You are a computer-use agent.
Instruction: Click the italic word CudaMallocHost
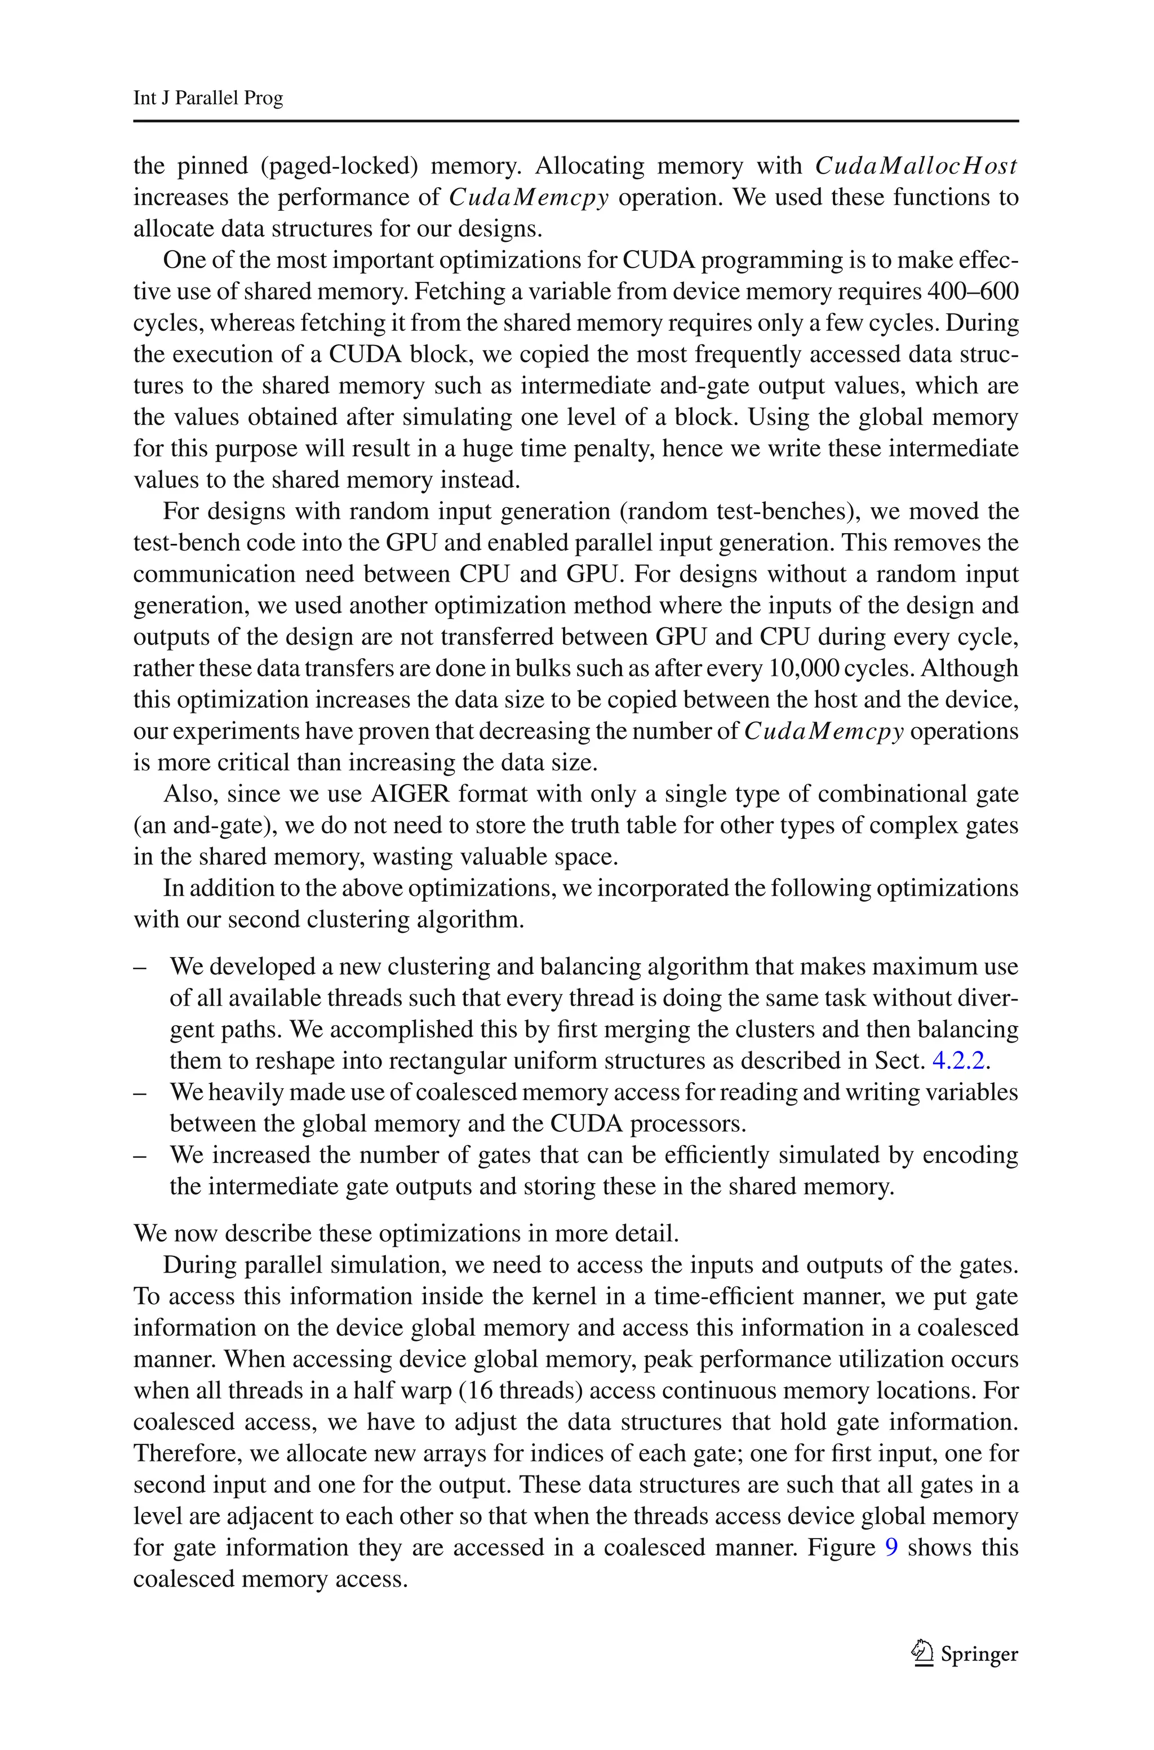(916, 166)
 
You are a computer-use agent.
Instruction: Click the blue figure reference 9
(891, 1548)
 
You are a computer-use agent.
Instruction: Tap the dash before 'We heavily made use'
(139, 1093)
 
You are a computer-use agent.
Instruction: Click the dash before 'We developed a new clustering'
(139, 967)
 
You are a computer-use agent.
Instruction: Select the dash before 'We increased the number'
(139, 1155)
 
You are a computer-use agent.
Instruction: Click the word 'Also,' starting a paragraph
(188, 794)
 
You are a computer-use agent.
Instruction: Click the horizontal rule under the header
(575, 121)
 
